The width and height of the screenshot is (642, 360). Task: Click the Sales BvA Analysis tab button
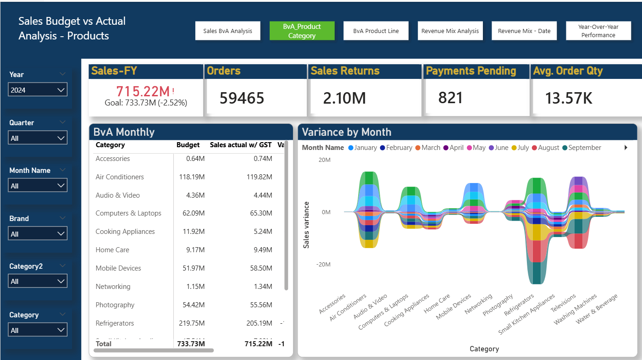228,31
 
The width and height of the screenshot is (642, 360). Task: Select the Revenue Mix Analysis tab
450,31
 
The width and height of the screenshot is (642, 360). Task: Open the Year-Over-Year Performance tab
598,31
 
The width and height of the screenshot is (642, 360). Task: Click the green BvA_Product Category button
302,31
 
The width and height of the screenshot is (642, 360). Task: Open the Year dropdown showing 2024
38,90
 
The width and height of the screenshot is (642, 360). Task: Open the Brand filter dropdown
38,234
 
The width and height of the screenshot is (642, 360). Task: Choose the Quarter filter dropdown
38,138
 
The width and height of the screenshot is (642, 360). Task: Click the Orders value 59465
242,98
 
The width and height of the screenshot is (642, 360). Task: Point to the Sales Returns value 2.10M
344,98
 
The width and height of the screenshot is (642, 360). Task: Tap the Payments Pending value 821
450,98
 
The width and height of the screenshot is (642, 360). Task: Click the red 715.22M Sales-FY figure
143,91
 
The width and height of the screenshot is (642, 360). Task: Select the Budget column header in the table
188,145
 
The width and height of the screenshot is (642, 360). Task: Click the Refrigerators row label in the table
115,323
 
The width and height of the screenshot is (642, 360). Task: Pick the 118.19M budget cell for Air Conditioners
192,177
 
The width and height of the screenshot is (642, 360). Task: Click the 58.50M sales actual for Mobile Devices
260,268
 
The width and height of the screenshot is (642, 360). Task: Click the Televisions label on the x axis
564,303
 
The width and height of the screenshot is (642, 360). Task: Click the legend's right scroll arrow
626,148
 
